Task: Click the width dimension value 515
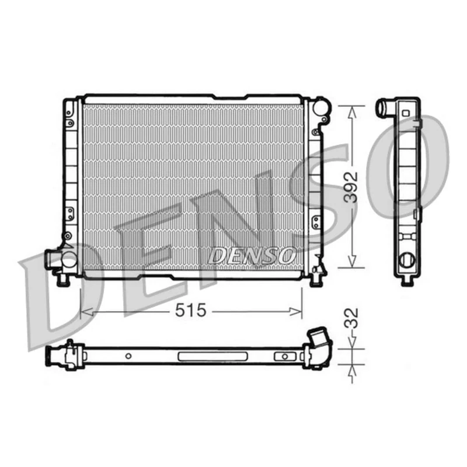[191, 311]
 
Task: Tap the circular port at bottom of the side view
[406, 261]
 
